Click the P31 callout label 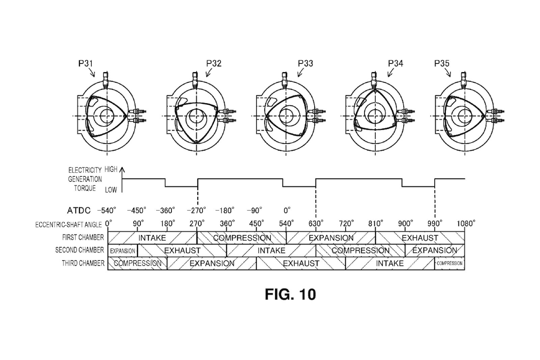coord(85,63)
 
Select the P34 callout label coord(395,63)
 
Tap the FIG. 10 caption coord(290,294)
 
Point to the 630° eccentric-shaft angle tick coord(316,224)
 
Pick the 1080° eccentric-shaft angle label coord(466,224)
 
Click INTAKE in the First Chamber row coord(152,238)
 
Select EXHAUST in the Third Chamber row coord(301,263)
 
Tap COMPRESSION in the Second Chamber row coord(360,251)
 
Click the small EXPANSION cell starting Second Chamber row coord(123,251)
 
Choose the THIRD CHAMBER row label coord(83,263)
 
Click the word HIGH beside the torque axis coord(111,170)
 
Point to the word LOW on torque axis coord(111,190)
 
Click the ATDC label coord(79,211)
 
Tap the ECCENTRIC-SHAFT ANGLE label coord(68,225)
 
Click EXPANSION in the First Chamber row coord(331,238)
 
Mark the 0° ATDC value coord(287,211)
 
